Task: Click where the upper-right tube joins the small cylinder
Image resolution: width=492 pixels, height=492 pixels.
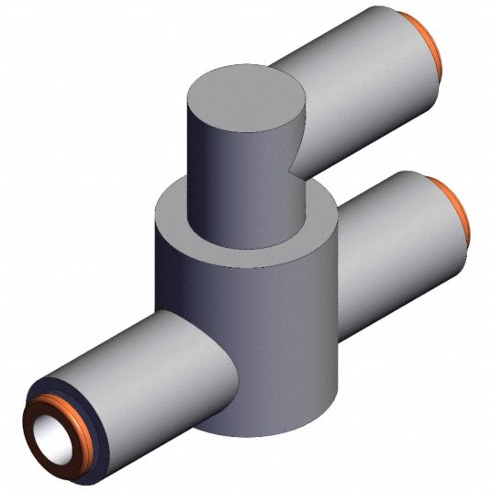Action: [298, 138]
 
